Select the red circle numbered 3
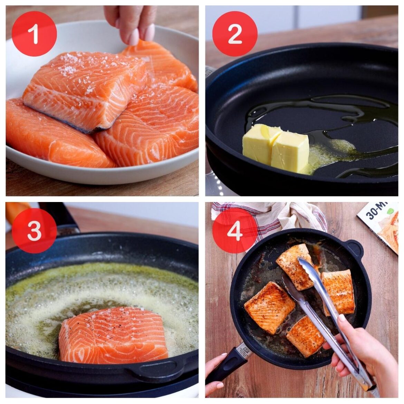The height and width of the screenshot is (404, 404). [34, 231]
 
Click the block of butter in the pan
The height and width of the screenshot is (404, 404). [275, 148]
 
